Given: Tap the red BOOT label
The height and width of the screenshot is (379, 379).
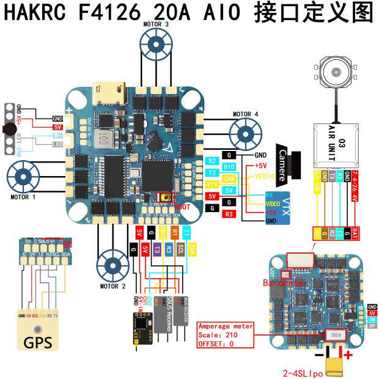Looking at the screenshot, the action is tap(182, 207).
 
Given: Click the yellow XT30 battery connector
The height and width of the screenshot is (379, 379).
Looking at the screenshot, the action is tap(336, 365).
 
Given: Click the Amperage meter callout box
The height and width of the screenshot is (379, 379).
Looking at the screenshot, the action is tap(224, 335).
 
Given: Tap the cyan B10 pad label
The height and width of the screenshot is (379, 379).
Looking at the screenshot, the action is tap(229, 166).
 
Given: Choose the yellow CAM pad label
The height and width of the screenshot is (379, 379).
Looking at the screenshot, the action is tap(229, 178).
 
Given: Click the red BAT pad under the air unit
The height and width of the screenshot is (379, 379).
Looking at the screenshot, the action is tap(356, 233).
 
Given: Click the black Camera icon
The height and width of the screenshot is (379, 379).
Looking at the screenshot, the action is tap(287, 164).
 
